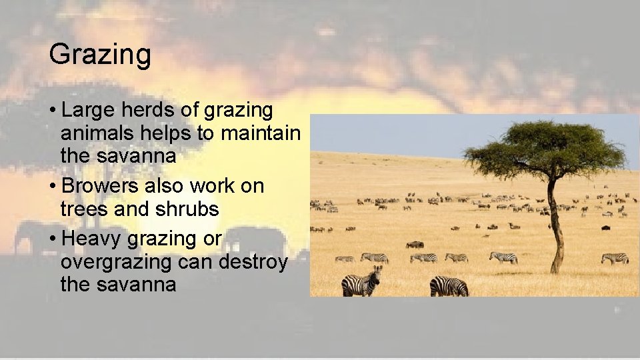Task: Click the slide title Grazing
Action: [100, 55]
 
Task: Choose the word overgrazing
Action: [117, 262]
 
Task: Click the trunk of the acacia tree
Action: [554, 227]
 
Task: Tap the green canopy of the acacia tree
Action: [543, 147]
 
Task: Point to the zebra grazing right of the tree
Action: [614, 257]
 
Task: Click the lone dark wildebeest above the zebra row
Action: [415, 245]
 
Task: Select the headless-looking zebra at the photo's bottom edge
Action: [449, 286]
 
